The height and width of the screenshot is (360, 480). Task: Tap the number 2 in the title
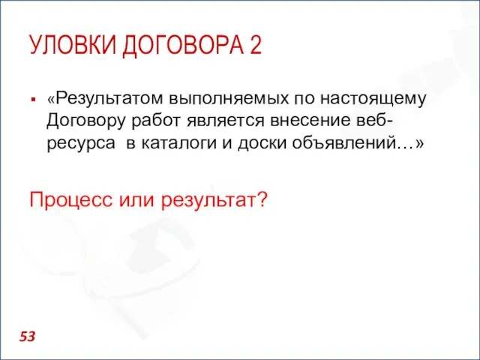255,46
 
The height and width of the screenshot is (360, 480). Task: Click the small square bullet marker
34,98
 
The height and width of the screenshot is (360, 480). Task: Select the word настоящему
374,97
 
